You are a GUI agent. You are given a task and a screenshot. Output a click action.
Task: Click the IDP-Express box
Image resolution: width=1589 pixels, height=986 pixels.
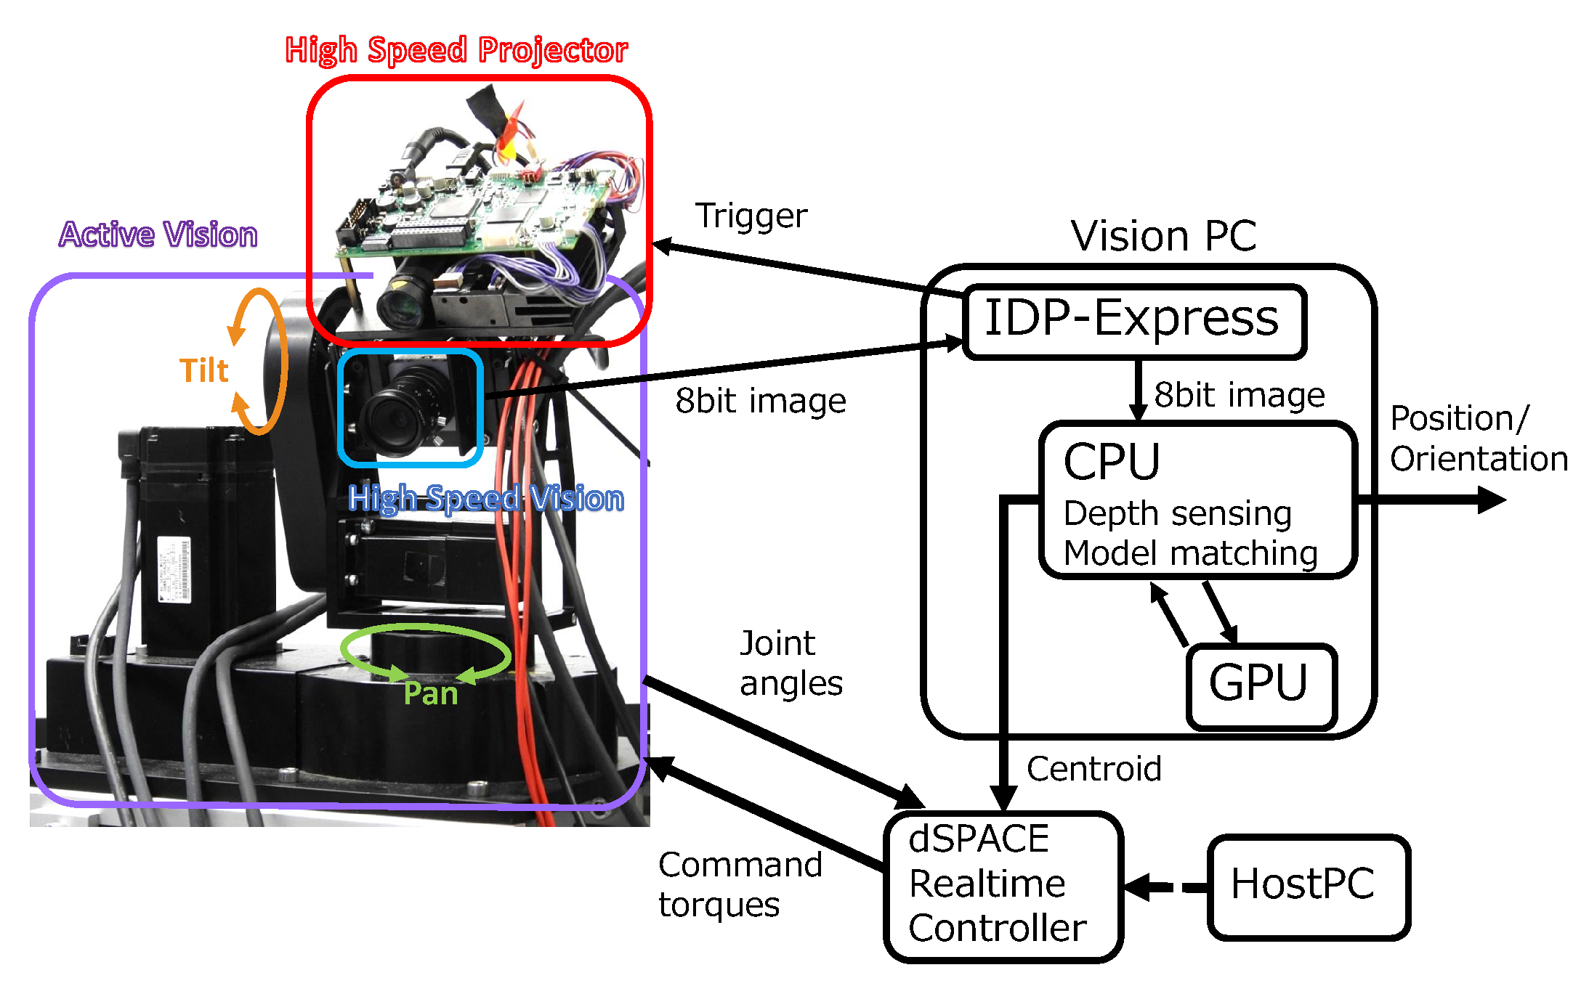coord(1133,321)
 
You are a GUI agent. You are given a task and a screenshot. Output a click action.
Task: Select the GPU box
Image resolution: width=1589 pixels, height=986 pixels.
coord(1261,685)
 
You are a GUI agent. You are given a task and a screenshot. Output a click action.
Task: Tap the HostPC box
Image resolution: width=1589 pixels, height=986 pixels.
coord(1308,886)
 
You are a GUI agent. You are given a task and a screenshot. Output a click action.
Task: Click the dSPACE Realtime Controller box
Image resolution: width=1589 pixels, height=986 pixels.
coord(1003,886)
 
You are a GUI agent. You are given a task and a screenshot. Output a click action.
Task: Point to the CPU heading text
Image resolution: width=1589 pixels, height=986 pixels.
coord(1112,463)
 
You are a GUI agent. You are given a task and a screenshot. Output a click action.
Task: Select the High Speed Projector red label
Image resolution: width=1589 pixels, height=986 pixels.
coord(456,51)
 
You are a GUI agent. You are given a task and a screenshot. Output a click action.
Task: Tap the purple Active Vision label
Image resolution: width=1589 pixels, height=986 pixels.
coord(158,235)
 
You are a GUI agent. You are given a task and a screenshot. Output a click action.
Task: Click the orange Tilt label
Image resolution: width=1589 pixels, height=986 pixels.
coord(204,371)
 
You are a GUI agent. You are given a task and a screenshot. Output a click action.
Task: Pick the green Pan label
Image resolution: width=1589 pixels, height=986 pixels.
coord(431,693)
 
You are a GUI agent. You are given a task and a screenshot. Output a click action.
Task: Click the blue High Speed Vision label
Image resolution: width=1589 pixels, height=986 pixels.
coord(485,499)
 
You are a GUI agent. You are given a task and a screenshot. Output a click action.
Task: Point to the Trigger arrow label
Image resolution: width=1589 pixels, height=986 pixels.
coord(751,216)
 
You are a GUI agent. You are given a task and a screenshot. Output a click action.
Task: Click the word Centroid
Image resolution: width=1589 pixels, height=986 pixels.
coord(1093,769)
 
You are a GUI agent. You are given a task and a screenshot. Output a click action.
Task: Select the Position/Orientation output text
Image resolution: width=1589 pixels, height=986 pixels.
coord(1479,439)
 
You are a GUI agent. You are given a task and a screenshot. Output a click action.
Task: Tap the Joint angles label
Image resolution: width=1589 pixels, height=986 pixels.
coord(791,663)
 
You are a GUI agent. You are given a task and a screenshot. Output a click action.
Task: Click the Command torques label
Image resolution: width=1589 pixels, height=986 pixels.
coord(740,884)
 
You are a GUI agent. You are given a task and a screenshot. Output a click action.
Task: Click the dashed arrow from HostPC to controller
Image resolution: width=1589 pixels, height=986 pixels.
coord(1166,887)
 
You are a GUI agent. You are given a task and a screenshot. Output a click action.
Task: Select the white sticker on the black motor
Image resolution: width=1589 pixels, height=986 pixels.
coord(174,569)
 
